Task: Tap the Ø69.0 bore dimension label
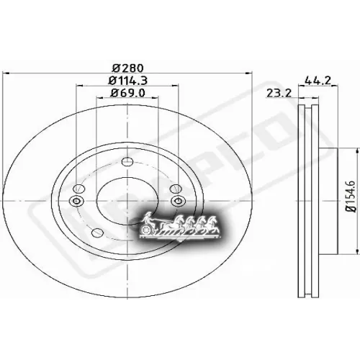(127, 93)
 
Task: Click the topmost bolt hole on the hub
(127, 161)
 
